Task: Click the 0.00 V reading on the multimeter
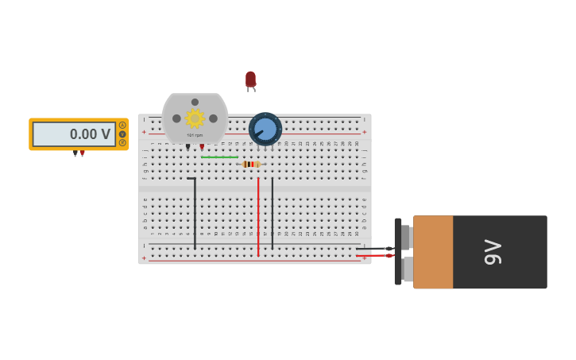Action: tap(90, 134)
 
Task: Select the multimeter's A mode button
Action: tap(122, 125)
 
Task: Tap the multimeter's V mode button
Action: tap(122, 134)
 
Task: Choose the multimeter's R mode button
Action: tap(122, 143)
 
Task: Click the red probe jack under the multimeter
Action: tap(82, 153)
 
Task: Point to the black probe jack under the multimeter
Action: tap(75, 153)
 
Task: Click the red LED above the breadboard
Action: tap(250, 79)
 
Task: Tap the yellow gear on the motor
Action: tap(195, 118)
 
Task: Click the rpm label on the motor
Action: tap(195, 135)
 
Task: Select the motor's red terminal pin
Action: tap(202, 147)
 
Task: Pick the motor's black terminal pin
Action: tap(187, 147)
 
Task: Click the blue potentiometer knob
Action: tap(265, 129)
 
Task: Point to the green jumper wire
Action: tap(219, 157)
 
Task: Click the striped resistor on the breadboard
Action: tap(251, 165)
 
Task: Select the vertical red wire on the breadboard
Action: tap(258, 215)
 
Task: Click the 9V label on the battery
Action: tap(493, 252)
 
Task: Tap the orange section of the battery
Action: tap(433, 252)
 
